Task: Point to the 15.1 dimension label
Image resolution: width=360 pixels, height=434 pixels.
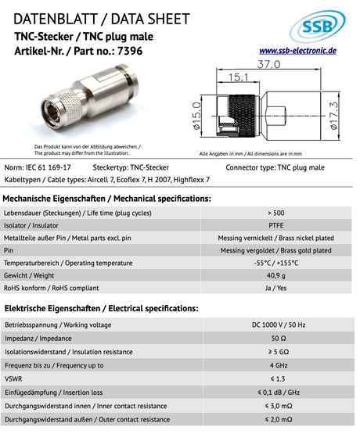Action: point(239,77)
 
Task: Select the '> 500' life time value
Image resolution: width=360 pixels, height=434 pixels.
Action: point(275,212)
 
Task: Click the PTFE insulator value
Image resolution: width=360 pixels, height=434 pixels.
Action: point(275,224)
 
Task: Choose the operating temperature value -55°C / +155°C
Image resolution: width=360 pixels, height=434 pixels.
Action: point(275,262)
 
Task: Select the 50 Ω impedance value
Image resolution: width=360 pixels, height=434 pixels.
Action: point(275,339)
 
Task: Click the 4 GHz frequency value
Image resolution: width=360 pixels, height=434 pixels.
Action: point(275,364)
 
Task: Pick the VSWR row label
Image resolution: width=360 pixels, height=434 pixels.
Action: point(15,379)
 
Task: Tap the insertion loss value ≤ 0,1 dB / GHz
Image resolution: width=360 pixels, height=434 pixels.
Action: point(275,393)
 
